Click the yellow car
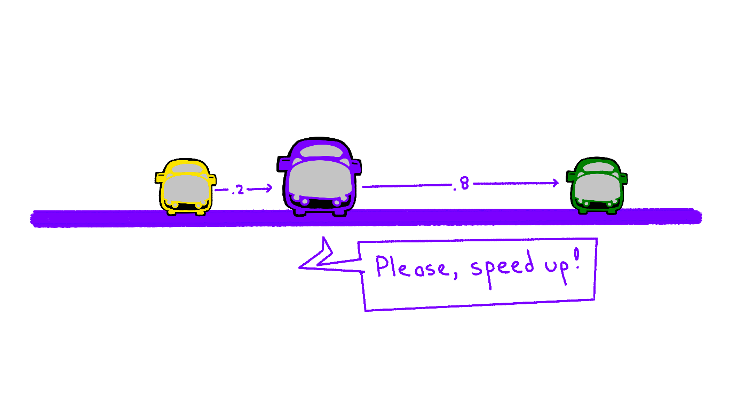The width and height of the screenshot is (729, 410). point(186,187)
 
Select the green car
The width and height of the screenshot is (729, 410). point(597,185)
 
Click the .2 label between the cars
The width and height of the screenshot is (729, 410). point(238,190)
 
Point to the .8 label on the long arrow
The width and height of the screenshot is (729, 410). point(462,184)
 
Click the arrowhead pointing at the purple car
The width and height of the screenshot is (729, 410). point(269,188)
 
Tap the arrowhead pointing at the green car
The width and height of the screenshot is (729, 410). point(556,183)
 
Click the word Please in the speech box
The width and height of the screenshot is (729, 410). point(411,266)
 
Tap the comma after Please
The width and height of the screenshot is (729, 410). point(456,275)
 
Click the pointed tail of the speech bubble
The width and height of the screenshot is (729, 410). point(300,267)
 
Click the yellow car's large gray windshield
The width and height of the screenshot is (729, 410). point(186,188)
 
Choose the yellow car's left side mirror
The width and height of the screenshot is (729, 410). point(159,177)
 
